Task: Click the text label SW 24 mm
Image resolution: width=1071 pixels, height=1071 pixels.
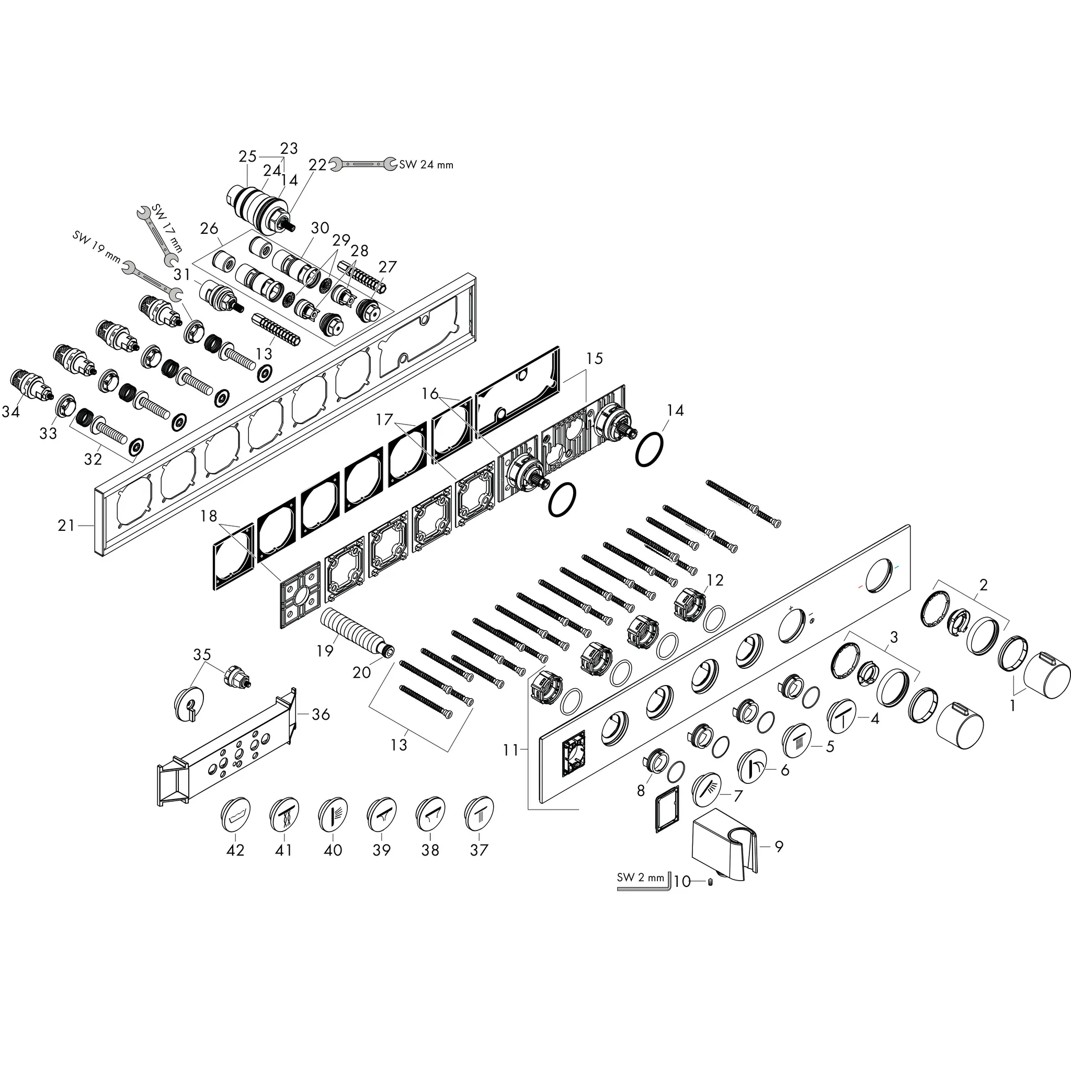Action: [426, 165]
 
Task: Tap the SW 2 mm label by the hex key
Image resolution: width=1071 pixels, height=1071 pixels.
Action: [640, 878]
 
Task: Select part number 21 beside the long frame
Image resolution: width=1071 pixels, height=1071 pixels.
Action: [66, 526]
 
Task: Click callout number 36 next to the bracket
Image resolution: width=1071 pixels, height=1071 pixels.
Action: [321, 714]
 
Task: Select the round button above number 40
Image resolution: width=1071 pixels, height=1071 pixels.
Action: [333, 814]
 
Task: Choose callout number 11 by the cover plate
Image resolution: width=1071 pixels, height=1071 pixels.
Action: [510, 749]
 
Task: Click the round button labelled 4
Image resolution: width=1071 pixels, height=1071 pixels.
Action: [842, 717]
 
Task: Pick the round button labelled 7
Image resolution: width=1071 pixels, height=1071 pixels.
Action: [708, 789]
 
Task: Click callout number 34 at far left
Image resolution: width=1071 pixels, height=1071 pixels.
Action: [10, 412]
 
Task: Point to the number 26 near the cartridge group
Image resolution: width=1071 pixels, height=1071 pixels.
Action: [209, 229]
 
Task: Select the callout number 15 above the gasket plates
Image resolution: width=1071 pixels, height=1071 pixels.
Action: [594, 358]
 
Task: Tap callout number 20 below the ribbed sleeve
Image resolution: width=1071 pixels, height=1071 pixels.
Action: [361, 672]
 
